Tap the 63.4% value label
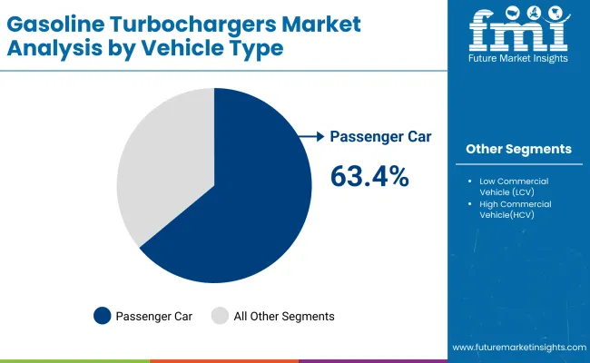point(369,177)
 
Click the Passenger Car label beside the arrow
point(380,136)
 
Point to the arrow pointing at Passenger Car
point(311,136)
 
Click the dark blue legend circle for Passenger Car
point(103,316)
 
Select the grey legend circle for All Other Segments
point(221,316)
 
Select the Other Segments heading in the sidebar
point(518,149)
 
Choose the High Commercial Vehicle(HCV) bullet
point(516,209)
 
